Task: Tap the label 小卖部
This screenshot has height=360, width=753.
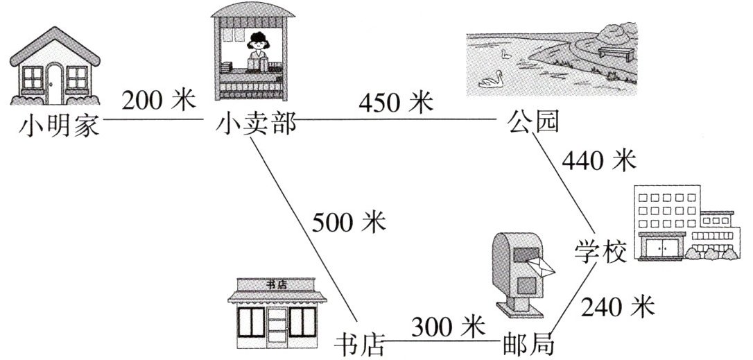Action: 257,125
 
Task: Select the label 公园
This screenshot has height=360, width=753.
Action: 533,123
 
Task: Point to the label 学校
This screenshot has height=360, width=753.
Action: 600,250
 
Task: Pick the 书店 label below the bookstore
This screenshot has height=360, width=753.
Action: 359,343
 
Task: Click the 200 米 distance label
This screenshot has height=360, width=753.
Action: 159,101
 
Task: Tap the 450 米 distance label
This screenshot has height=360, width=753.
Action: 396,103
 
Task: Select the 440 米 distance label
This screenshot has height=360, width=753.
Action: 598,161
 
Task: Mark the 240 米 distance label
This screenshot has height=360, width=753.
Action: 618,305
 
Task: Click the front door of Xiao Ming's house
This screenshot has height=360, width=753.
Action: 54,82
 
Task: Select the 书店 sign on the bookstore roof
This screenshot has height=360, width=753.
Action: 277,284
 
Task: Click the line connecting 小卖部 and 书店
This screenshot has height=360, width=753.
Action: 304,229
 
